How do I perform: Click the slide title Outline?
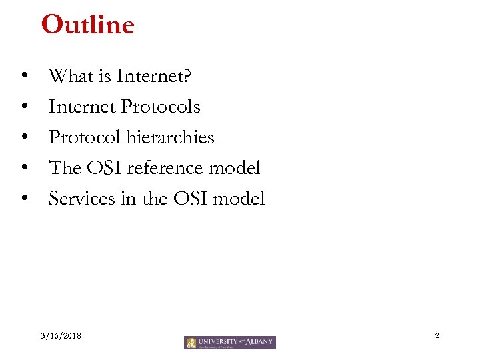pyautogui.click(x=87, y=25)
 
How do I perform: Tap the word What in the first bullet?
pyautogui.click(x=71, y=77)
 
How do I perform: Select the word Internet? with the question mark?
pyautogui.click(x=154, y=77)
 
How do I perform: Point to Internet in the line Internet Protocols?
pyautogui.click(x=83, y=107)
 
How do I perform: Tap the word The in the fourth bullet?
pyautogui.click(x=65, y=168)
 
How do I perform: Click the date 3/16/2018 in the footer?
pyautogui.click(x=61, y=336)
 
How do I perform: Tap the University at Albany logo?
pyautogui.click(x=230, y=343)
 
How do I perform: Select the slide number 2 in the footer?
pyautogui.click(x=437, y=335)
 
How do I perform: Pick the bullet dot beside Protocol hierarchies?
pyautogui.click(x=24, y=138)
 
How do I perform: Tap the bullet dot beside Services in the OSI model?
pyautogui.click(x=24, y=199)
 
